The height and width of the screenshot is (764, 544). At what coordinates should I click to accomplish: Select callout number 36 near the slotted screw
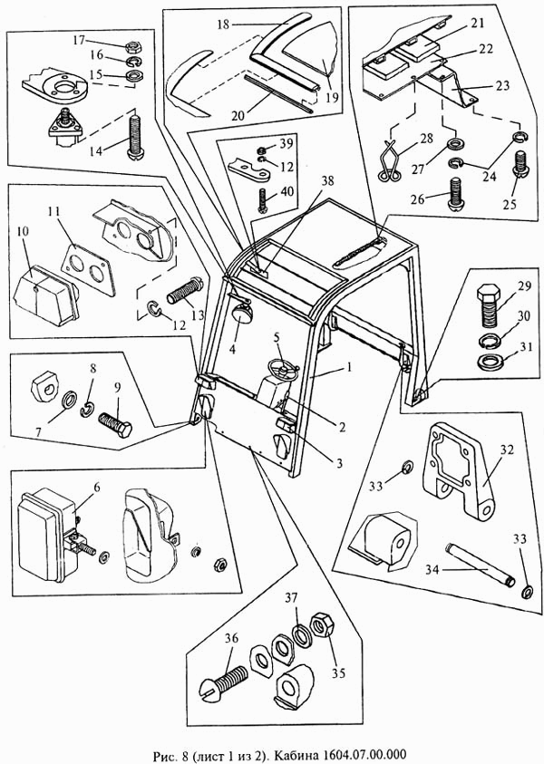[x=231, y=638]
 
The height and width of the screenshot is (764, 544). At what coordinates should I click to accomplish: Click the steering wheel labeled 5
[x=284, y=366]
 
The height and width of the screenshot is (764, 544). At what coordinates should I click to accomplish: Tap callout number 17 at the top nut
[x=80, y=40]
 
